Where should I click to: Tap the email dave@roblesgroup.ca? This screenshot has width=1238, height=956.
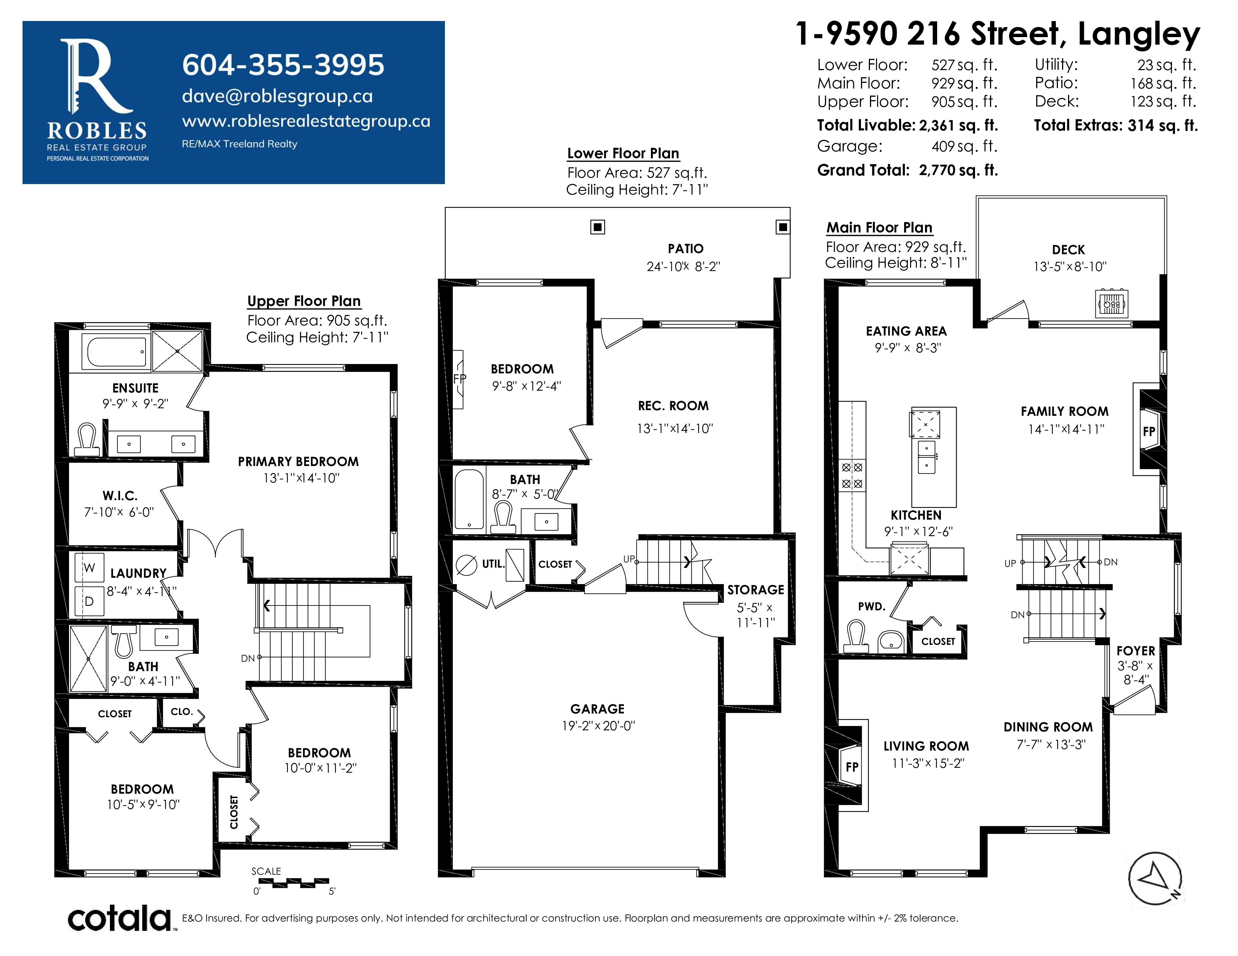(277, 96)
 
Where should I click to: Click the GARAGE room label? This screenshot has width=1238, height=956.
(598, 709)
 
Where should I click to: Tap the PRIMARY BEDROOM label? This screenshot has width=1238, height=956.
(298, 462)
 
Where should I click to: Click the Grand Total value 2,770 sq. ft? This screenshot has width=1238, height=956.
(959, 170)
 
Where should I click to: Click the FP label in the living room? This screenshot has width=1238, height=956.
(852, 767)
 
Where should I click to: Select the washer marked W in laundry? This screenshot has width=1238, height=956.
(89, 568)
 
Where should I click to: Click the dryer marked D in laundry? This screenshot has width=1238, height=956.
(89, 601)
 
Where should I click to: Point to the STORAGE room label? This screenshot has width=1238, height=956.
(756, 590)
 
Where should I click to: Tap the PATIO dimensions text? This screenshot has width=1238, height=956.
(684, 266)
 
